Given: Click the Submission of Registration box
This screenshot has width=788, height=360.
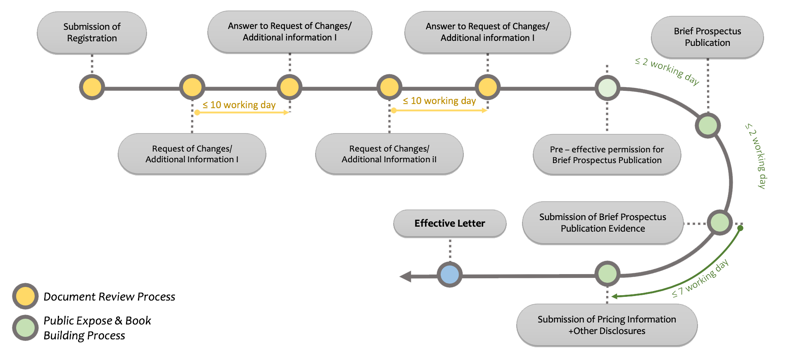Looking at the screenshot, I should click(92, 33).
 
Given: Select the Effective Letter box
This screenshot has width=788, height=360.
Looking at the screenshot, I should click(450, 223).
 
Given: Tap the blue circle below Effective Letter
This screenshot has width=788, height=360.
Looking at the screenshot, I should click(450, 275).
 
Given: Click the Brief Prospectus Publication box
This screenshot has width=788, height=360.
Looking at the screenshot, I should click(707, 37).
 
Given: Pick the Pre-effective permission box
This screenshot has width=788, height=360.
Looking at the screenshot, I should click(607, 155).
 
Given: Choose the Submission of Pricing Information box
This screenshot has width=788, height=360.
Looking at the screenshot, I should click(607, 325).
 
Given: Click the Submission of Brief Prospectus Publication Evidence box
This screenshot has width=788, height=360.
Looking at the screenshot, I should click(603, 223).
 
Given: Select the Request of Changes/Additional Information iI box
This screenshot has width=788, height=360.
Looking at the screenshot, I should click(389, 154).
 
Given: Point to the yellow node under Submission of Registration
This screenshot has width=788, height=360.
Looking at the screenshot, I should click(92, 87).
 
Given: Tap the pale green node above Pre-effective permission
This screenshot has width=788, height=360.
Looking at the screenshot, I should click(607, 88).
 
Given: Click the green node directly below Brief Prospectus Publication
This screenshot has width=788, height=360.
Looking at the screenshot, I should click(708, 126).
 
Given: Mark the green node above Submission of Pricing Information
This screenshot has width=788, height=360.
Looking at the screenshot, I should click(607, 273).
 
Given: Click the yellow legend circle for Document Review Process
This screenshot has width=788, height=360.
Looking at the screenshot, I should click(25, 296).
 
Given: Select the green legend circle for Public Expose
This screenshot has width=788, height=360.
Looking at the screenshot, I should click(25, 328).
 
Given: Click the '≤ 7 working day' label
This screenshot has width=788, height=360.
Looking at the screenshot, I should click(700, 279).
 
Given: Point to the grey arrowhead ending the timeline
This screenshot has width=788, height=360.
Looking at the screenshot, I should click(406, 277).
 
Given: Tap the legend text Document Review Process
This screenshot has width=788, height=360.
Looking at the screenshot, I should click(109, 297).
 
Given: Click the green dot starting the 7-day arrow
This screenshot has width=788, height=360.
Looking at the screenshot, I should click(740, 228).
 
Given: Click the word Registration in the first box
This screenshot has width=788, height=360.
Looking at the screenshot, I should click(92, 38).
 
